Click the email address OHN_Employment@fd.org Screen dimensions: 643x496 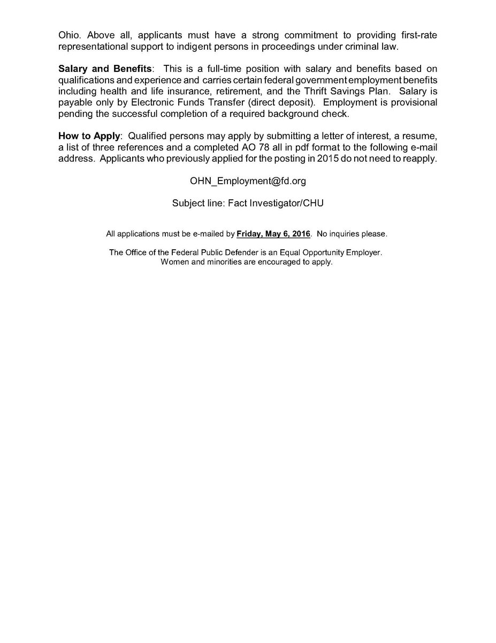tap(248, 182)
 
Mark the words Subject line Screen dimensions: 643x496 tap(196, 204)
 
